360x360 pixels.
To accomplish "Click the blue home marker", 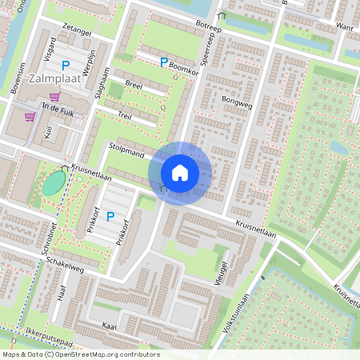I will point(180,172).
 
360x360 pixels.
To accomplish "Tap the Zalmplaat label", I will point(52,80).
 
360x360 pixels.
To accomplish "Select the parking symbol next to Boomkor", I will point(164,62).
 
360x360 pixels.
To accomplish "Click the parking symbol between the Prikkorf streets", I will point(110,216).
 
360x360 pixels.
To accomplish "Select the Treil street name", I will point(124,116).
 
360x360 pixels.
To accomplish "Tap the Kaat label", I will point(110,326).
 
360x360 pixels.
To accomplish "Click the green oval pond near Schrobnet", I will point(54,182).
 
